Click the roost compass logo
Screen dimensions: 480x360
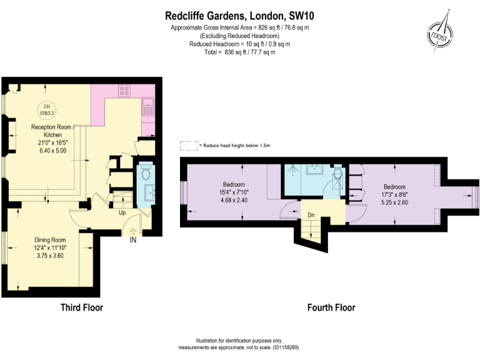(440, 33)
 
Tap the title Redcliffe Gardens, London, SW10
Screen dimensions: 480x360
(239, 16)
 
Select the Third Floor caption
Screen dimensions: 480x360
(82, 307)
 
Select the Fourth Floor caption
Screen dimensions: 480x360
(331, 307)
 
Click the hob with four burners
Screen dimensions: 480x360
(124, 91)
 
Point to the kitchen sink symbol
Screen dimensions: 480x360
(148, 107)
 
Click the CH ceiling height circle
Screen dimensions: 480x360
(46, 109)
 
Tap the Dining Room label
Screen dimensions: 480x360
(50, 240)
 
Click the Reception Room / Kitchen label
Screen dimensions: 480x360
(51, 131)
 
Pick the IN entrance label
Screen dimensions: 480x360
(133, 240)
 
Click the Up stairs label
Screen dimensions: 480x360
(122, 212)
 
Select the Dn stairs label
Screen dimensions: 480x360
(311, 215)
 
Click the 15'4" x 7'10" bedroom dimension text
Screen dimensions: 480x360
(234, 192)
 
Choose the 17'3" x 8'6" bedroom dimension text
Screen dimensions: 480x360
(394, 194)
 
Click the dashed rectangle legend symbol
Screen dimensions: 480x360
(189, 146)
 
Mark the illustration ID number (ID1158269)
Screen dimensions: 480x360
(286, 347)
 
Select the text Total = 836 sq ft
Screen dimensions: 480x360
(225, 52)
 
